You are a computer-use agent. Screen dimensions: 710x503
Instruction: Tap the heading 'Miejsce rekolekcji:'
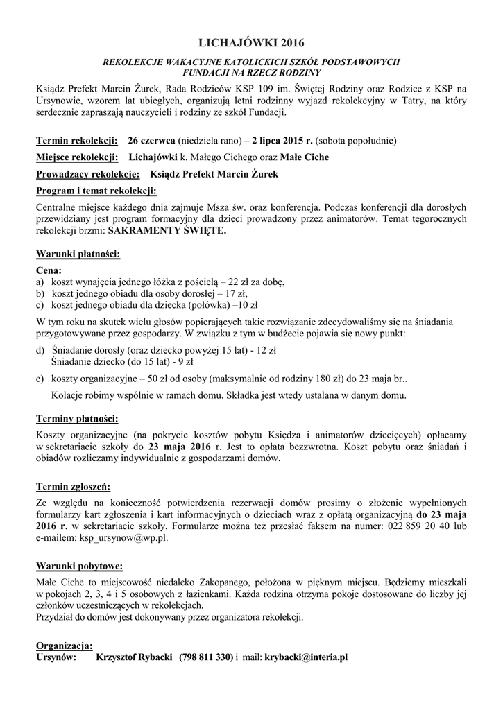pos(77,157)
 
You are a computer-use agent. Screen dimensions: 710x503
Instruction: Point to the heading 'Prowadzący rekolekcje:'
pos(88,175)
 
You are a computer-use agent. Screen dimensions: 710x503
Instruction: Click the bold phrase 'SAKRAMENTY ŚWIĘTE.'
pos(167,232)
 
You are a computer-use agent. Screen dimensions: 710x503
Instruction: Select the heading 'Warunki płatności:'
pos(78,254)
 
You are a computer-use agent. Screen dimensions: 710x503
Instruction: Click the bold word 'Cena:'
pos(49,270)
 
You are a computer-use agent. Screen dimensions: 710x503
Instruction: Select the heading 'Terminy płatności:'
pos(77,418)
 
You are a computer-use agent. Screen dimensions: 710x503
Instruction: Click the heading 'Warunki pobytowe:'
pos(80,565)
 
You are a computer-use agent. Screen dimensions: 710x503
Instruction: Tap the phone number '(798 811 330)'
pos(206,657)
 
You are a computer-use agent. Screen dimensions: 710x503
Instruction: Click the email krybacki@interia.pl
pos(306,657)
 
